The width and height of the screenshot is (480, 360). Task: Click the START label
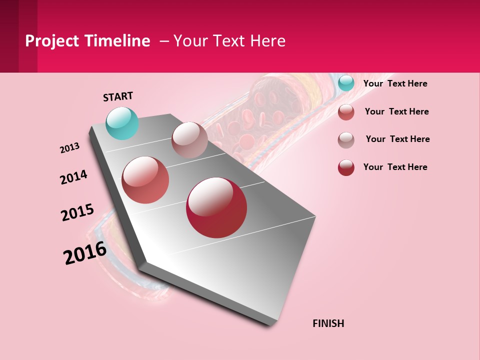[x=118, y=96]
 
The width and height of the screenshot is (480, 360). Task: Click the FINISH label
[x=328, y=323]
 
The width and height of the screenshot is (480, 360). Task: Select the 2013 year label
[x=69, y=148]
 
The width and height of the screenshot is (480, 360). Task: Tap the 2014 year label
[x=73, y=177]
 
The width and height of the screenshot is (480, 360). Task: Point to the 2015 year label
[x=77, y=212]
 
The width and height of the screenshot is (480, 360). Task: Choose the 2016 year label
[x=85, y=252]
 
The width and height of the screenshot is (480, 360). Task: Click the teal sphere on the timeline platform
[x=122, y=123]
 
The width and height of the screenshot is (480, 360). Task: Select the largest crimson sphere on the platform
[x=216, y=207]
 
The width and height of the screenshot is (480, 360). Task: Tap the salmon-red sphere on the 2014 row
[x=145, y=180]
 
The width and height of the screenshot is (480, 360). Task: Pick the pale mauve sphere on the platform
[x=189, y=140]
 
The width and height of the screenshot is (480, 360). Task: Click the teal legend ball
[x=346, y=83]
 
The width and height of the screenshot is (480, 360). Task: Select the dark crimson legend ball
[x=346, y=167]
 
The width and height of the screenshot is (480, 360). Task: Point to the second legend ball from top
[x=346, y=112]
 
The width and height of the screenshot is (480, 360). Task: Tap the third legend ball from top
[x=346, y=140]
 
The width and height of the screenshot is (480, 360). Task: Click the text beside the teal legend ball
[x=395, y=83]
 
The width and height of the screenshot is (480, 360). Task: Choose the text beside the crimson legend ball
[x=395, y=167]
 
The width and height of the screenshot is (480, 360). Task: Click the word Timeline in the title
[x=117, y=41]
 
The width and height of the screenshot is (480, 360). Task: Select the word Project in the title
[x=52, y=41]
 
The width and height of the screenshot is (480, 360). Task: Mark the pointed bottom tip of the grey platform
[x=270, y=324]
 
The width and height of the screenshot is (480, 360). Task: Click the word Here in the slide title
[x=268, y=41]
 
